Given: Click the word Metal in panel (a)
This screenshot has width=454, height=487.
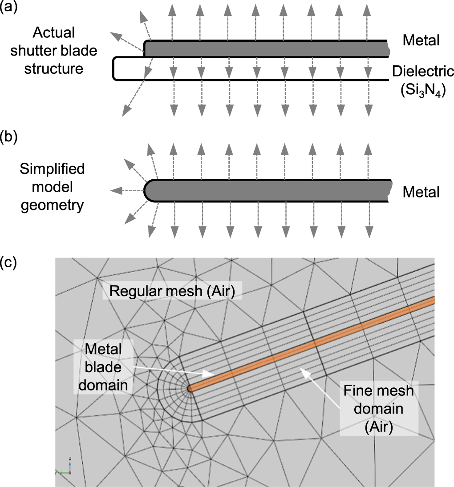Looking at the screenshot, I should tap(421, 40).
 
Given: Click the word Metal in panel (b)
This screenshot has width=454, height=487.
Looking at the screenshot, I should tap(421, 192).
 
